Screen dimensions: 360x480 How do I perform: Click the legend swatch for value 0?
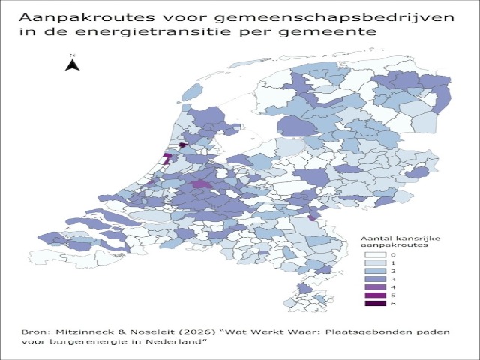375,256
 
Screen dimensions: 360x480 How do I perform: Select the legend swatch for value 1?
375,264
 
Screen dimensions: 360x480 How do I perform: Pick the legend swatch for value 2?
375,271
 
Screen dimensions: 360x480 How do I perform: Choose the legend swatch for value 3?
375,279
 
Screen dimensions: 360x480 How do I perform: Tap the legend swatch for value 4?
375,287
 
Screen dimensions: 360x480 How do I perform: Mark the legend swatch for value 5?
375,295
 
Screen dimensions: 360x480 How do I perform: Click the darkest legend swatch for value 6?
375,303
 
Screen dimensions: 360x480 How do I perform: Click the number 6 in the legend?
392,303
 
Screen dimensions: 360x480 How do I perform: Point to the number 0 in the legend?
392,256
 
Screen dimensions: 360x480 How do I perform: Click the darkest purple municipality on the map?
182,145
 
